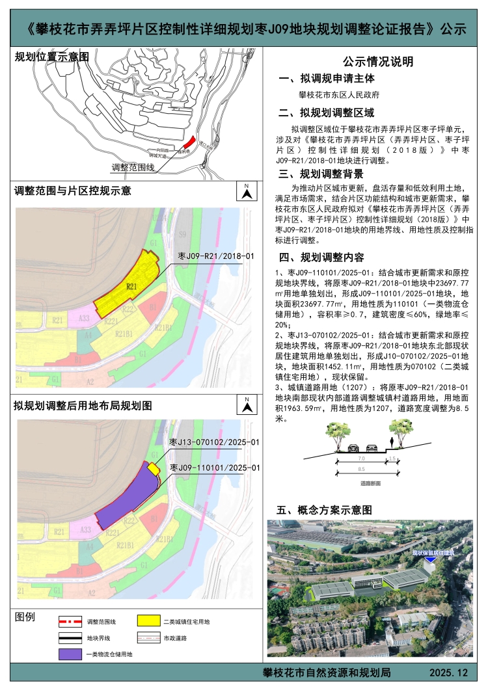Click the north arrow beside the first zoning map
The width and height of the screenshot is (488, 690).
coord(247,191)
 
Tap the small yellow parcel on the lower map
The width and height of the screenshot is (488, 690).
coord(154,470)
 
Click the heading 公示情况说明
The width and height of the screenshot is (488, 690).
coord(378,62)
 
